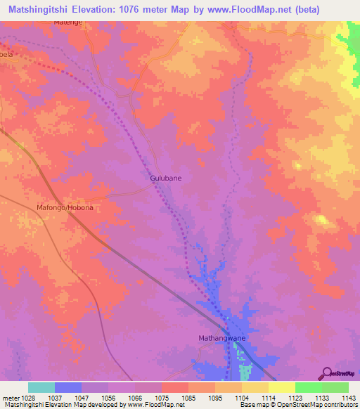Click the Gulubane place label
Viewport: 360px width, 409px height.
[x=166, y=178]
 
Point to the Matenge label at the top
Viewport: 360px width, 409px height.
[x=68, y=22]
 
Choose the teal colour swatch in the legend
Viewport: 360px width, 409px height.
[x=41, y=387]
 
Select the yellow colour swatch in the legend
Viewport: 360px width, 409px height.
[x=281, y=387]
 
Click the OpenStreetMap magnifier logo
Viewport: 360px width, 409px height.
[x=327, y=373]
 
